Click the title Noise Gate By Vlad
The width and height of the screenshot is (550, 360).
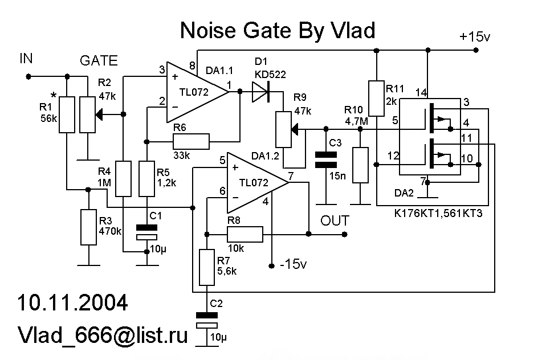[278, 31]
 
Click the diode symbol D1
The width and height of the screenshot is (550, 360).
[260, 91]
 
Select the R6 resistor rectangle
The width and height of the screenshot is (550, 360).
[191, 140]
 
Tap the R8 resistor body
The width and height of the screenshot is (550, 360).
[245, 234]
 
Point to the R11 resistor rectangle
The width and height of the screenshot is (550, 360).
[376, 98]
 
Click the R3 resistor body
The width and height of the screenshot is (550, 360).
[88, 227]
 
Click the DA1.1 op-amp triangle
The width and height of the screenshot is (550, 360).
[194, 91]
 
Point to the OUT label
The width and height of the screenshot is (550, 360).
[335, 220]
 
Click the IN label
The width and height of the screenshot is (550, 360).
[27, 59]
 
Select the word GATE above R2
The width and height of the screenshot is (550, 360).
[99, 61]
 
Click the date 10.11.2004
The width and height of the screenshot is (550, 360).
[72, 302]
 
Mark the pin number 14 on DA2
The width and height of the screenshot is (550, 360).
[421, 92]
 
